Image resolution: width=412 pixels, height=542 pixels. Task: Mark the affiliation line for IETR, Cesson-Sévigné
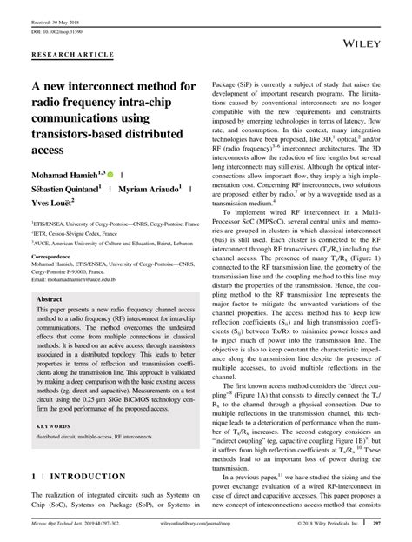[x=74, y=233]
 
